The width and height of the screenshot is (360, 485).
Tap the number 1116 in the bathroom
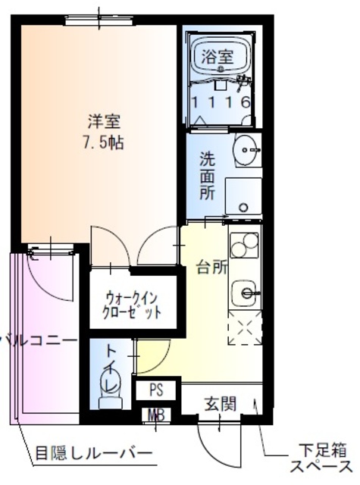(221, 102)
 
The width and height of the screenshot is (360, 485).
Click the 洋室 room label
(105, 120)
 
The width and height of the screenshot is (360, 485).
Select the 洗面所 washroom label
(207, 176)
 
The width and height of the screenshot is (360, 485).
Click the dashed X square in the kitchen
(244, 330)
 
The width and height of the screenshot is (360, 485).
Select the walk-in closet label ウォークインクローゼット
(133, 304)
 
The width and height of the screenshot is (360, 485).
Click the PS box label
(156, 391)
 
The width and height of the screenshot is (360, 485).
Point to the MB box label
(156, 416)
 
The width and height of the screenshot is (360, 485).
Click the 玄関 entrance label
(220, 403)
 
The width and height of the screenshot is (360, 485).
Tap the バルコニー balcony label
(38, 341)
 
